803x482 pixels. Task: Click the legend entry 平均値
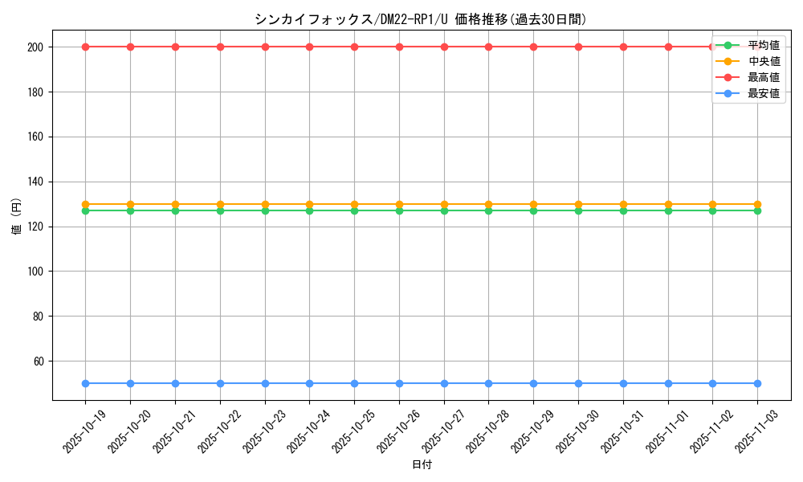tap(763, 45)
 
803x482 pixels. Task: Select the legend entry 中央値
tap(763, 61)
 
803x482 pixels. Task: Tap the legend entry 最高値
tap(763, 77)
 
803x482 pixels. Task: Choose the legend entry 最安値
tap(763, 93)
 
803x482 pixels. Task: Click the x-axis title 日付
tap(421, 465)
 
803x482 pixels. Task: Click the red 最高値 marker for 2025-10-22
tap(220, 47)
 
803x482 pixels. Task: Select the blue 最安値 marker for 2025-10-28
tap(488, 383)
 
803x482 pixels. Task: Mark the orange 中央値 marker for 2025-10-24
tap(309, 205)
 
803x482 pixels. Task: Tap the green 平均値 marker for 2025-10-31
tap(623, 210)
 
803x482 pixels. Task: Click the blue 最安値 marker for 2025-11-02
tap(712, 383)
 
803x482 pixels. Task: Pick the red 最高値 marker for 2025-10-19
tap(85, 47)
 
